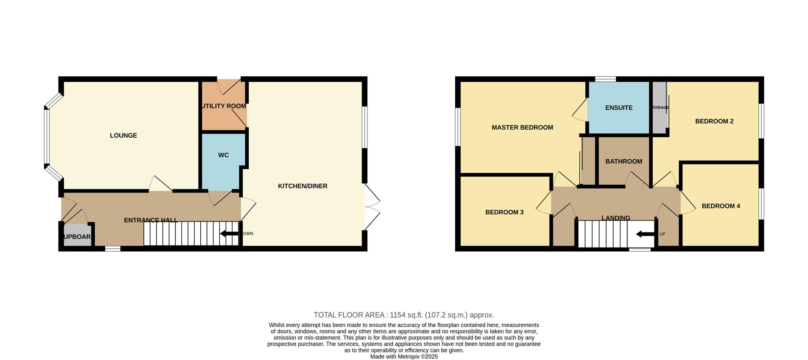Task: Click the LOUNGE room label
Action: (x=123, y=136)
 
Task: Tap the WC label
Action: (x=223, y=155)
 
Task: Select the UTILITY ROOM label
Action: (x=224, y=106)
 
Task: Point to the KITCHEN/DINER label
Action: (x=303, y=186)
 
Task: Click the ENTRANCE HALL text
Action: (x=151, y=220)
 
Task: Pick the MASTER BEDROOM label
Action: (x=522, y=128)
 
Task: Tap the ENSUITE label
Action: (x=619, y=108)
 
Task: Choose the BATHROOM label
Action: (x=624, y=162)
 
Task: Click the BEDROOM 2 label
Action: (x=714, y=121)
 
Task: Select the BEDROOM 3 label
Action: (x=504, y=212)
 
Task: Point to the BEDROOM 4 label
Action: (x=721, y=206)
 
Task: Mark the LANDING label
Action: (x=616, y=218)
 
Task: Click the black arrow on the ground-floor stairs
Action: (x=229, y=234)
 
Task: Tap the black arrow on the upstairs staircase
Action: (x=644, y=234)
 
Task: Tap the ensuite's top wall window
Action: (x=606, y=79)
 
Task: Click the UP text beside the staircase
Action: (x=662, y=234)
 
